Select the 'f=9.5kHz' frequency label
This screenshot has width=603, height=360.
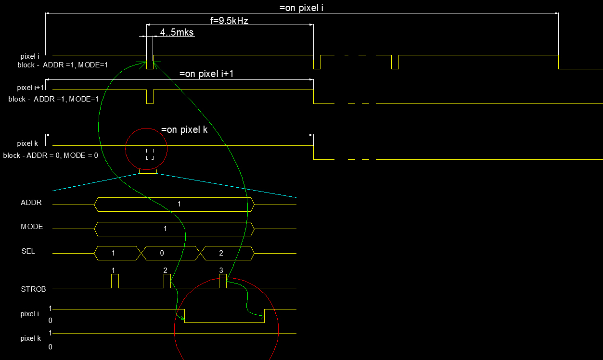click(229, 20)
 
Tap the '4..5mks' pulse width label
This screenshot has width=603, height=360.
click(177, 32)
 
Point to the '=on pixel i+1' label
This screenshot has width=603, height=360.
click(206, 74)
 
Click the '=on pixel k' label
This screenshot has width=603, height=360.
click(184, 129)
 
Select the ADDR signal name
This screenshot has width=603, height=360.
click(31, 203)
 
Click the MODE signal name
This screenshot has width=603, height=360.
click(32, 227)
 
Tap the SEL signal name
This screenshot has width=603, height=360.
click(28, 251)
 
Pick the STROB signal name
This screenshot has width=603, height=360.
click(33, 289)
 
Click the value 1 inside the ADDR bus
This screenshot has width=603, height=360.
click(180, 204)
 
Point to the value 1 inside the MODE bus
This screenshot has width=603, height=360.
click(165, 229)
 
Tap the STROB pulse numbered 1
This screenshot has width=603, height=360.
click(115, 281)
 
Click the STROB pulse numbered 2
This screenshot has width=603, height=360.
click(167, 281)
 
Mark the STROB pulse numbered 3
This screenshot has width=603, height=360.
click(223, 281)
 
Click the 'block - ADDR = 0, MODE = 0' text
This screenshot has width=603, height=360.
click(51, 155)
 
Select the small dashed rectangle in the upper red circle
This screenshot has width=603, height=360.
click(150, 154)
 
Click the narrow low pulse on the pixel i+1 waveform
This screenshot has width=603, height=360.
click(150, 96)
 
